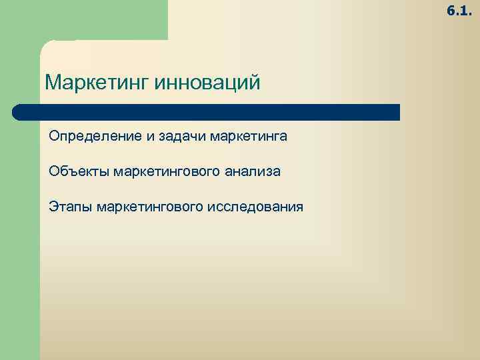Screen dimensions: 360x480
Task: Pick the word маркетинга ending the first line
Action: click(x=248, y=137)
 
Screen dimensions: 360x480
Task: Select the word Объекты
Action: click(x=78, y=172)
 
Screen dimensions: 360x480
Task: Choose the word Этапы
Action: click(x=70, y=207)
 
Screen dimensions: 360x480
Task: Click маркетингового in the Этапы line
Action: click(x=150, y=207)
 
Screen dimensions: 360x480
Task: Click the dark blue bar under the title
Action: click(x=207, y=112)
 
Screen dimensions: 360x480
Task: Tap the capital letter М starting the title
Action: click(x=53, y=84)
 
